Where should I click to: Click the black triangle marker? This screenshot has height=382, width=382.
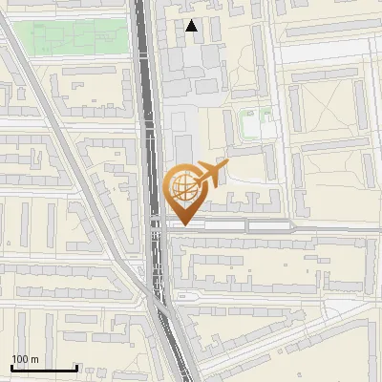click(x=193, y=27)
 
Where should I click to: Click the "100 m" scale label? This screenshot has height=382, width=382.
click(x=25, y=359)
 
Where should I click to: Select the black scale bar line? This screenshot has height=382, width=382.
click(x=44, y=369)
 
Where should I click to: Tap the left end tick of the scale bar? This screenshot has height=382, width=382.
click(x=11, y=367)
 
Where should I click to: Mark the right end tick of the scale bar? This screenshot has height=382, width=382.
click(x=76, y=367)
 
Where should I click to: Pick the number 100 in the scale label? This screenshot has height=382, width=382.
click(x=20, y=359)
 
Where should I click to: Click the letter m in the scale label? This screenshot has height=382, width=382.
click(x=34, y=360)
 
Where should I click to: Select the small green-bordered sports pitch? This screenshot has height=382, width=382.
click(x=252, y=123)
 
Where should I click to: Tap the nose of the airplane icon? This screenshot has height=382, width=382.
click(x=227, y=167)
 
